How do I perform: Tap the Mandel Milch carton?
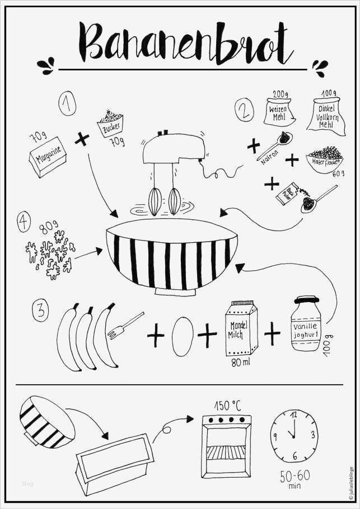coord(240,329)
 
